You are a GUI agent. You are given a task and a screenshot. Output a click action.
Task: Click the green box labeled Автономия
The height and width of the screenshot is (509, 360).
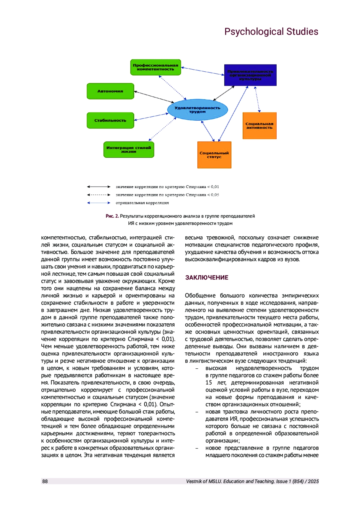(x=110, y=91)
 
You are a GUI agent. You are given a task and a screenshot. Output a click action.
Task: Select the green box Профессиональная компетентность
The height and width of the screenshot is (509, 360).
(x=155, y=67)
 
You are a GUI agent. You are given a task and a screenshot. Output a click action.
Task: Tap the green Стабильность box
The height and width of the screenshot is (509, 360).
(x=110, y=120)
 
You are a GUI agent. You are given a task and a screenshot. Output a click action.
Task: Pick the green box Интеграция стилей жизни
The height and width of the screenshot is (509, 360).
(x=129, y=149)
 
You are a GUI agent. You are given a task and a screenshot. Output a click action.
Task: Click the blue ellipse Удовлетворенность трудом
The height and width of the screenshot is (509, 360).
(x=197, y=110)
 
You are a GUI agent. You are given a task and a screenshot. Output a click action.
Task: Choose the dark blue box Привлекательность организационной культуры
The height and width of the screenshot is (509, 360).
(x=250, y=75)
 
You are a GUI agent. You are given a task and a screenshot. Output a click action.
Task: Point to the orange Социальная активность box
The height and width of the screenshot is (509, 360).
(x=259, y=126)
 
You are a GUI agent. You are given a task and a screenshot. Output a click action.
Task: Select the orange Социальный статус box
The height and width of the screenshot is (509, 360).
(x=214, y=155)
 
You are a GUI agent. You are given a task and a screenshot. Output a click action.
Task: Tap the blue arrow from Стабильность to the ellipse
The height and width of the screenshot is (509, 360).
(x=151, y=117)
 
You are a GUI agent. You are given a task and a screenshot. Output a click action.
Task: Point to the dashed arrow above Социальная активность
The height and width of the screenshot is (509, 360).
(x=257, y=99)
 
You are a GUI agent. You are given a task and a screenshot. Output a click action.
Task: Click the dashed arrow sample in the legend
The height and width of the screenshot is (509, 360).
(x=99, y=195)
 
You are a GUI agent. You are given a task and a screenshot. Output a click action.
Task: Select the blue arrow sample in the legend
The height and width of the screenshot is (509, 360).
(x=99, y=203)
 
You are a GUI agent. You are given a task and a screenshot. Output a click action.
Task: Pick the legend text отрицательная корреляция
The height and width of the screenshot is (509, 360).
(x=142, y=203)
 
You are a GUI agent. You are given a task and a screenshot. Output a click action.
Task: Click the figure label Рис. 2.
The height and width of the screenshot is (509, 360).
(x=112, y=216)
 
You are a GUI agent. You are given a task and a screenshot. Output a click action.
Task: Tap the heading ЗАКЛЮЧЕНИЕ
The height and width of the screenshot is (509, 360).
(x=207, y=277)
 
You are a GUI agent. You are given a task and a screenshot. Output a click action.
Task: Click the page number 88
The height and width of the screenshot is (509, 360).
(x=45, y=481)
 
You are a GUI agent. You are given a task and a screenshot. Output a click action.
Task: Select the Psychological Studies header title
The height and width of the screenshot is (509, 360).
(x=271, y=31)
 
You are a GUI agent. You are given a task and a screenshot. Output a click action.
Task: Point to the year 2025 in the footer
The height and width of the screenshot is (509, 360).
(x=313, y=481)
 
